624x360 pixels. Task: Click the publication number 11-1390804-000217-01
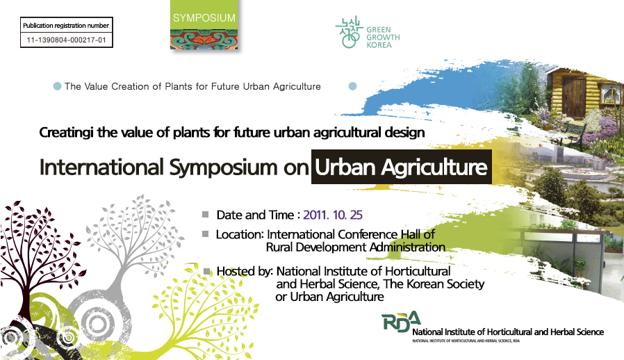(x=67, y=40)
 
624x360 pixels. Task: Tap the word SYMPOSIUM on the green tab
(x=204, y=18)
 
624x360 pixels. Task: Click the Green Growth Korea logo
(x=368, y=32)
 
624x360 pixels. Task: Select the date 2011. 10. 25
(x=333, y=215)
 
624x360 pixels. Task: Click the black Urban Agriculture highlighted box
(x=402, y=167)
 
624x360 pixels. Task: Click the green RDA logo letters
(x=401, y=321)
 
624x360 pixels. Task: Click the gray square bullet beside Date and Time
(x=206, y=215)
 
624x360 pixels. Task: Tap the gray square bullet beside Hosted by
(x=206, y=271)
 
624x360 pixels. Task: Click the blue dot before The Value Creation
(x=57, y=86)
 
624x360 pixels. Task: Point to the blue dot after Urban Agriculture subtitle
(x=352, y=86)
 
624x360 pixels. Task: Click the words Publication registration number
(x=66, y=26)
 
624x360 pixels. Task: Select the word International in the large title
(x=101, y=167)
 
